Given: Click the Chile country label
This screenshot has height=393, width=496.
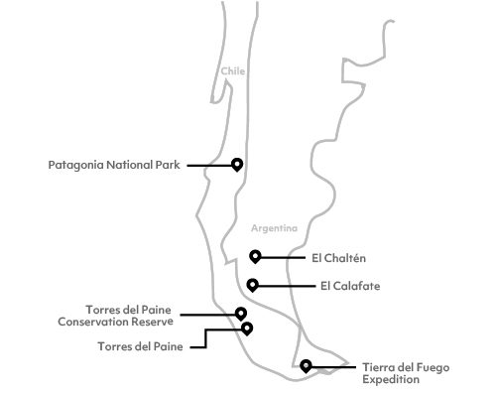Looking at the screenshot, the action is click(232, 71).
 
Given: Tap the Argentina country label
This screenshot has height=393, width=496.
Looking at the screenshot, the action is click(274, 228).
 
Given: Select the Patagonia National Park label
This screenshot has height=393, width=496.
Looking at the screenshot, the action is click(114, 166).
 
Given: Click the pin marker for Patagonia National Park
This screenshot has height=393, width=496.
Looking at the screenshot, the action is click(237, 164).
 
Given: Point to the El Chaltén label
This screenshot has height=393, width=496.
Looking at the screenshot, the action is click(338, 258).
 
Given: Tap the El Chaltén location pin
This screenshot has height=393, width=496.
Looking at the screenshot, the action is click(256, 255).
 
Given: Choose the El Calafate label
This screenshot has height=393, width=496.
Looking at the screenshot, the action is click(350, 287).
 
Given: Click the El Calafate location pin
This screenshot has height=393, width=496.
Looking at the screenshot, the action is click(253, 285).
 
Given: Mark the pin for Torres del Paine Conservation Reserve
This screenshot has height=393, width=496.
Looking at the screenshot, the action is click(241, 313).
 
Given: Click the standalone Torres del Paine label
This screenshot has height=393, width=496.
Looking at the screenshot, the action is click(139, 346).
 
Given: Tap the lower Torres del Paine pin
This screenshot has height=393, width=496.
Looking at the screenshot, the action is click(247, 327).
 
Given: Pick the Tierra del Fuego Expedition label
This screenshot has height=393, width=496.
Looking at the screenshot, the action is click(405, 373).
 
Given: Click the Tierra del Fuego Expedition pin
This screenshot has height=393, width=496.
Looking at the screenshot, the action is click(307, 365).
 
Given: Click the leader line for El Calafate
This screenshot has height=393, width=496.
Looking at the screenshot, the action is click(285, 287).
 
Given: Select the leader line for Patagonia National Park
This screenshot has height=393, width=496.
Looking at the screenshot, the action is click(208, 166).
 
